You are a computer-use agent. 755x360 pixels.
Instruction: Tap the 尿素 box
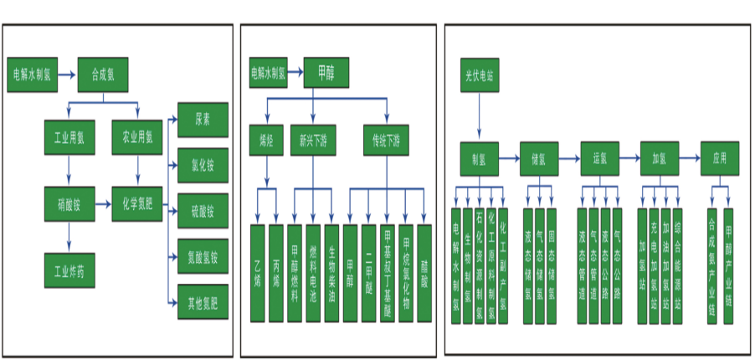[x=203, y=121]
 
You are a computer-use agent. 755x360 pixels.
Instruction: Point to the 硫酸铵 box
[x=203, y=210]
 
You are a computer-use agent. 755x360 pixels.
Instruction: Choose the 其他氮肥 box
[x=203, y=301]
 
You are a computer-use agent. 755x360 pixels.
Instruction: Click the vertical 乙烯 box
[x=258, y=272]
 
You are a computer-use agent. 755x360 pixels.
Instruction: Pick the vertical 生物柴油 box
[x=332, y=272]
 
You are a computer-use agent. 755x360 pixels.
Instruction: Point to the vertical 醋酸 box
[x=424, y=272]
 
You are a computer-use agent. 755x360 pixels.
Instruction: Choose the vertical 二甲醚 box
[x=369, y=272]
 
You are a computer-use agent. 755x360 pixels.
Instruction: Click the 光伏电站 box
[x=480, y=75]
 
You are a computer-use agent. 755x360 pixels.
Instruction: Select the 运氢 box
[x=599, y=157]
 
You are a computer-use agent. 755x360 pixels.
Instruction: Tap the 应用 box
[x=720, y=157]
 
